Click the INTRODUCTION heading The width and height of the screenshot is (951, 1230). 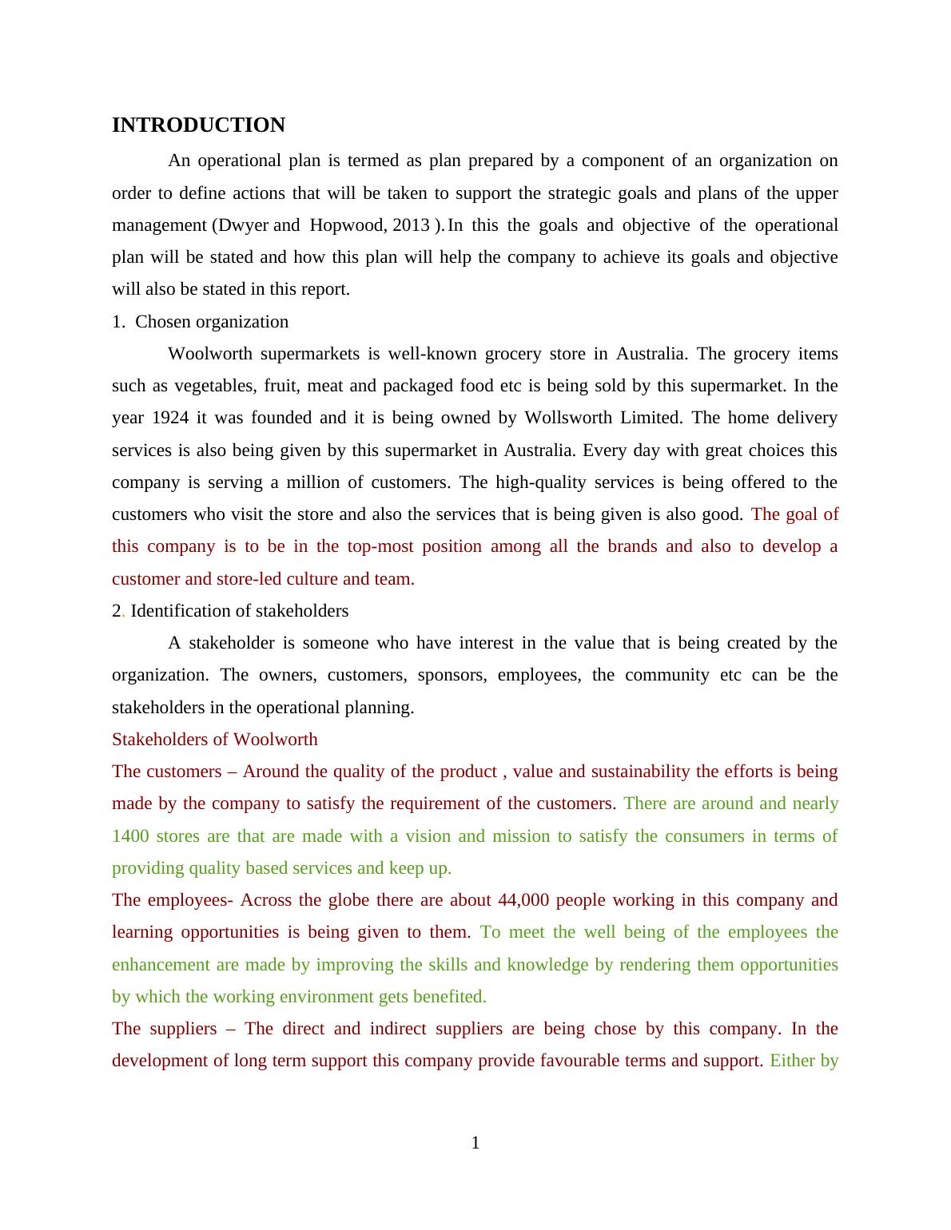click(198, 125)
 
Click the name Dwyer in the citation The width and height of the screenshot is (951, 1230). click(244, 225)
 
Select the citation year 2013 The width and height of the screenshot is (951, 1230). click(411, 225)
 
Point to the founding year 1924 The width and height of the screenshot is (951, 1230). click(169, 418)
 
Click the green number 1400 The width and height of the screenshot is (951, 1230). click(130, 836)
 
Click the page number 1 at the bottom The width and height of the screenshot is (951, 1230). click(475, 1144)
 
